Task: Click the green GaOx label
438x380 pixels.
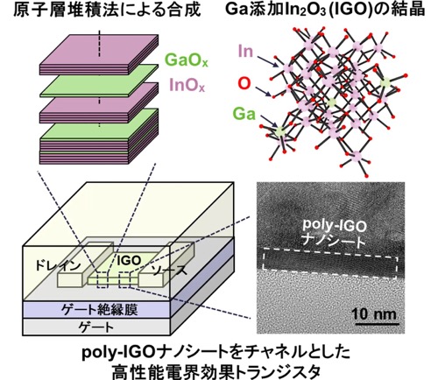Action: tap(187, 60)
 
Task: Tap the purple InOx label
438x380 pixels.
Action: tap(187, 85)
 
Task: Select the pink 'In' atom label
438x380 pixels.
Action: tap(245, 51)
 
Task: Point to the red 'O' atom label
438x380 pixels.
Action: tap(244, 83)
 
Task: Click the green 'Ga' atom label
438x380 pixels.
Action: tap(244, 114)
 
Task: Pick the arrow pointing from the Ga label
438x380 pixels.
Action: tap(269, 120)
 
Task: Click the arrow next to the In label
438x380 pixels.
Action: tap(267, 61)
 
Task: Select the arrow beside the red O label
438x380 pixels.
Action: tap(266, 91)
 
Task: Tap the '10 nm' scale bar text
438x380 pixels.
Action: tap(375, 313)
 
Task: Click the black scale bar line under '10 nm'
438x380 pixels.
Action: tap(377, 324)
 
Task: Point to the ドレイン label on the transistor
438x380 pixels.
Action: tap(58, 265)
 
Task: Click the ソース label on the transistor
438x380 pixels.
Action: tap(169, 270)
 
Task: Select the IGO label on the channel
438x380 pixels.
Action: tap(129, 261)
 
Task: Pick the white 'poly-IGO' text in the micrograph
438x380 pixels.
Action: tap(334, 225)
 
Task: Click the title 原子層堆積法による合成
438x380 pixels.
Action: tap(107, 10)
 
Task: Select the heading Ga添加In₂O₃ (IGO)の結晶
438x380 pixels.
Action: tap(325, 10)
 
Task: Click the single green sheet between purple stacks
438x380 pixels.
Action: tap(99, 81)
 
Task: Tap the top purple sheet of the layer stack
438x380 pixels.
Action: tap(99, 50)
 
